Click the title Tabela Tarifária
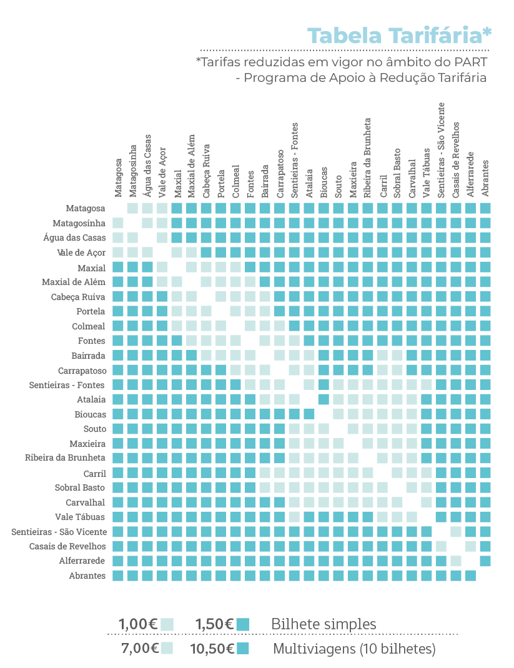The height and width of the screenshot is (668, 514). click(399, 36)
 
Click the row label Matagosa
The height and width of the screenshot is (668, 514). click(85, 208)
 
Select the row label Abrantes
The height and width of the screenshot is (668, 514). click(87, 576)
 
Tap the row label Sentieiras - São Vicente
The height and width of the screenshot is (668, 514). click(59, 532)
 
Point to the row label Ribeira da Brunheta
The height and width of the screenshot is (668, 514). click(65, 458)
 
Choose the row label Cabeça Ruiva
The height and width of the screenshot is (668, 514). click(78, 297)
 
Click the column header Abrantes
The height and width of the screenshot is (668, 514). click(485, 179)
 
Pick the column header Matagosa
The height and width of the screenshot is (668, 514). click(118, 178)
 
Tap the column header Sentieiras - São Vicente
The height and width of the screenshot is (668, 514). click(441, 150)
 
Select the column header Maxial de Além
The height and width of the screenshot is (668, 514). click(191, 166)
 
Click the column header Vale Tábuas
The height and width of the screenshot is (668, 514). click(427, 173)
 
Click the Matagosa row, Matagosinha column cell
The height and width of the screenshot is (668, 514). click(132, 208)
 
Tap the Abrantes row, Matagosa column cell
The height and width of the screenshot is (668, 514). click(118, 576)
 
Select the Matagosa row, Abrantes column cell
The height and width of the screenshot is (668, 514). click(485, 208)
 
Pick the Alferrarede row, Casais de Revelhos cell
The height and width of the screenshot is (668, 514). click(456, 561)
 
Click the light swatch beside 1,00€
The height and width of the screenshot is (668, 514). click(167, 624)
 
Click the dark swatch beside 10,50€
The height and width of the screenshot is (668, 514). click(243, 649)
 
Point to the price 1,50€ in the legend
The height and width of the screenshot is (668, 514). click(215, 624)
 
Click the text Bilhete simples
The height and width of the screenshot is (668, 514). click(324, 624)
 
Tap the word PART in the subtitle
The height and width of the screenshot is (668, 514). click(470, 62)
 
